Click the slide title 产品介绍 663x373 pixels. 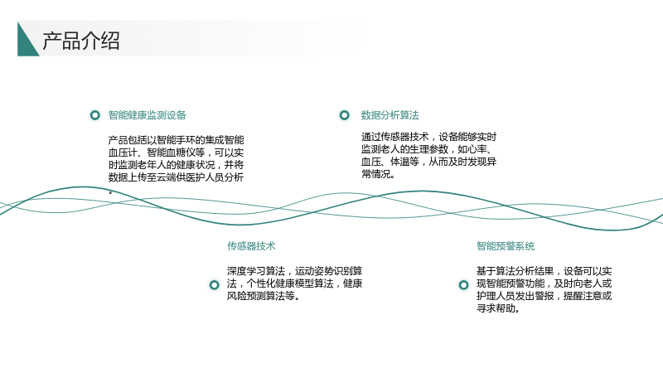81,41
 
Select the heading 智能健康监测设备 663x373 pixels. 148,115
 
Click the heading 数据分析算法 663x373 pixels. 390,115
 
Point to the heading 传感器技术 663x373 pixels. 251,245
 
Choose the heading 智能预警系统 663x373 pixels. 506,245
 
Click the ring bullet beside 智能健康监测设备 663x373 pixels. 95,115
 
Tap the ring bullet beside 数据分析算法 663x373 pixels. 345,115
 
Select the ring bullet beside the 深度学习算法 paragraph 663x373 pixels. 215,285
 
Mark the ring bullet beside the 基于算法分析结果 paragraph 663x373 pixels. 464,285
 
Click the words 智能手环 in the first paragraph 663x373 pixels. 177,140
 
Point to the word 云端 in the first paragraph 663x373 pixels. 167,177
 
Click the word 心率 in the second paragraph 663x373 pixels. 477,149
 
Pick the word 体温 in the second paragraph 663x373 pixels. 399,162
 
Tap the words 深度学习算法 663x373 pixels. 256,271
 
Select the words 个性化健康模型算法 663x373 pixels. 291,283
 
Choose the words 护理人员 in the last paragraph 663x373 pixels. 496,296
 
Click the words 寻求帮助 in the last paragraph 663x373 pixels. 496,308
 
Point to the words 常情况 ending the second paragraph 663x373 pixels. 376,174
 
